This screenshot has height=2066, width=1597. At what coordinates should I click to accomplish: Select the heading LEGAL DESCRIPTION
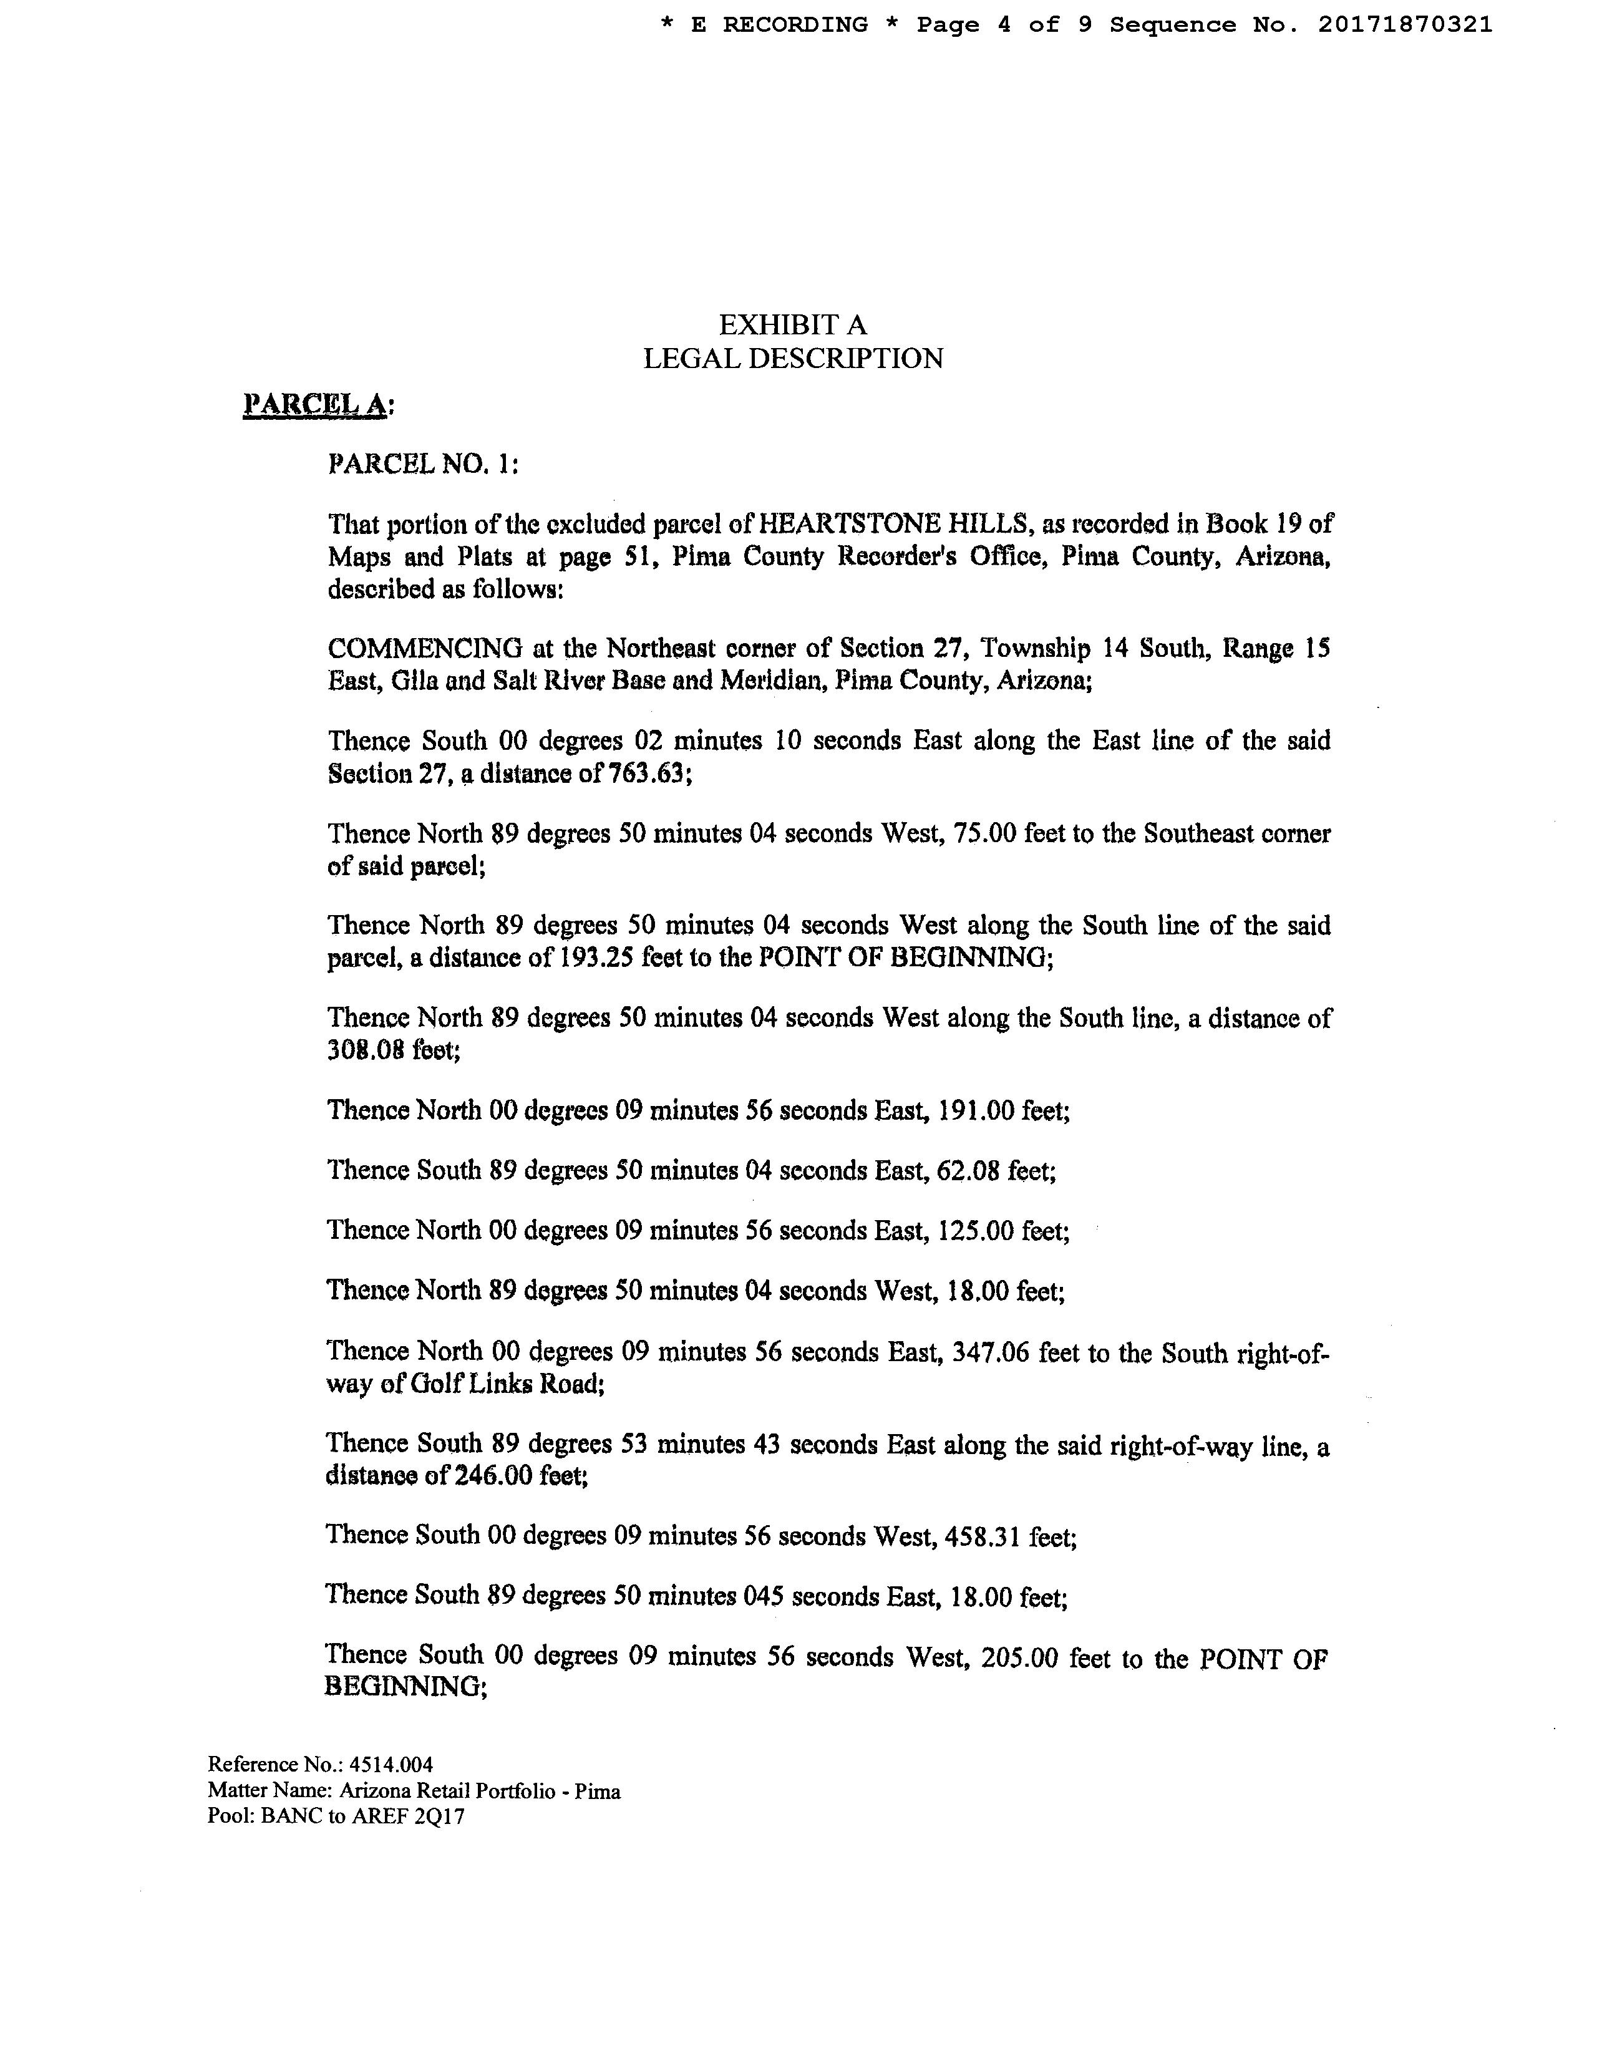tap(793, 359)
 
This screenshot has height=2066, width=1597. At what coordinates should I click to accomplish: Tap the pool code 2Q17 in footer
tap(441, 1817)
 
